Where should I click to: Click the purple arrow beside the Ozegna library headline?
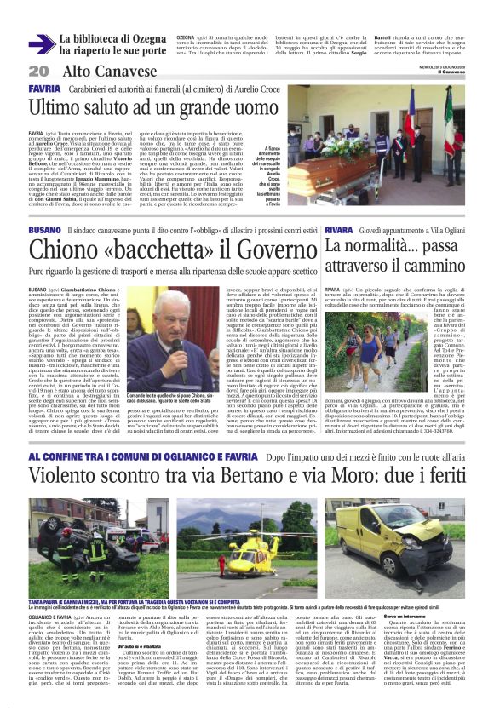tap(40, 45)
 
